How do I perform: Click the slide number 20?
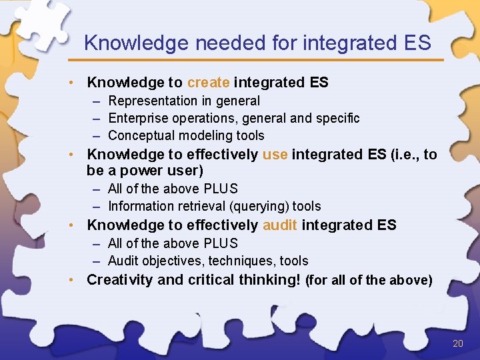pyautogui.click(x=457, y=343)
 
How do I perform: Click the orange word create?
pyautogui.click(x=208, y=83)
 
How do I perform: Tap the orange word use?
pyautogui.click(x=275, y=155)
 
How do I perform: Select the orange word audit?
pyautogui.click(x=280, y=225)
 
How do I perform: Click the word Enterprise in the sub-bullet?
pyautogui.click(x=139, y=118)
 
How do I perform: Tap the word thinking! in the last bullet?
pyautogui.click(x=266, y=280)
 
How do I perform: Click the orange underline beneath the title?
pyautogui.click(x=260, y=60)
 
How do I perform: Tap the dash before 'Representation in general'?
pyautogui.click(x=97, y=101)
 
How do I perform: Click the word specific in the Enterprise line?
pyautogui.click(x=337, y=118)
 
